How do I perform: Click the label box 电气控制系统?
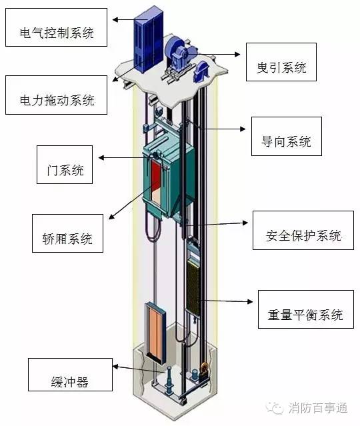tap(56, 27)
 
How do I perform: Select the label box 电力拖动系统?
tap(56, 95)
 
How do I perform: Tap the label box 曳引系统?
tap(281, 62)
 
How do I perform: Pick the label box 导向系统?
tap(287, 137)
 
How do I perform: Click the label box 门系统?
tap(65, 165)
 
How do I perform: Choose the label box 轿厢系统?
tap(67, 233)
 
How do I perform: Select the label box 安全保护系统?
tap(303, 231)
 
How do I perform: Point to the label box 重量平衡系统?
tap(306, 309)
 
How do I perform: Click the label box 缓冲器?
tap(71, 375)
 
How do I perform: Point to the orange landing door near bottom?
tap(156, 333)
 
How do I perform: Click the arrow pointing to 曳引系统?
tap(215, 55)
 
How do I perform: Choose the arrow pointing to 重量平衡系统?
tap(225, 301)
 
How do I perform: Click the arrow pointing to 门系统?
tap(127, 157)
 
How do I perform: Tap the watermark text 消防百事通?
tap(318, 408)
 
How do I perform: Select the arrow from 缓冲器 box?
tap(139, 369)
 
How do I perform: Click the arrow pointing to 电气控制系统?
tap(130, 19)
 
